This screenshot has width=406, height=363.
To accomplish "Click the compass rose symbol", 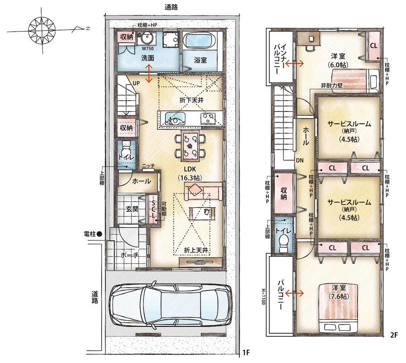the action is (42, 29).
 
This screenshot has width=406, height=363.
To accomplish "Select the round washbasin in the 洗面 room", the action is (146, 39).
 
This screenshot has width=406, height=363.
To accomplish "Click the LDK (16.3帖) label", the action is (190, 173).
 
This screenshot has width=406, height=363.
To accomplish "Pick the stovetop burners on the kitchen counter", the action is (208, 119).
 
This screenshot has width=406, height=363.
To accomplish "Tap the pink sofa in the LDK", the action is (203, 191).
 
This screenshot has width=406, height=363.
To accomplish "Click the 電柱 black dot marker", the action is (100, 234).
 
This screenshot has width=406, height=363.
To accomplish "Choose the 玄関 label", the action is (132, 209).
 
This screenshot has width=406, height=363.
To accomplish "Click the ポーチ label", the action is (130, 255).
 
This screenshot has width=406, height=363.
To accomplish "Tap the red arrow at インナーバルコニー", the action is (295, 63).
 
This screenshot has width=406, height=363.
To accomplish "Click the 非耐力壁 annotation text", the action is (332, 85).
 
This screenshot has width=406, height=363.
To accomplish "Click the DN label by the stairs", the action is (300, 160).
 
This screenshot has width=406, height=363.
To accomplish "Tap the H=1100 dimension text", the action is (264, 296).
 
